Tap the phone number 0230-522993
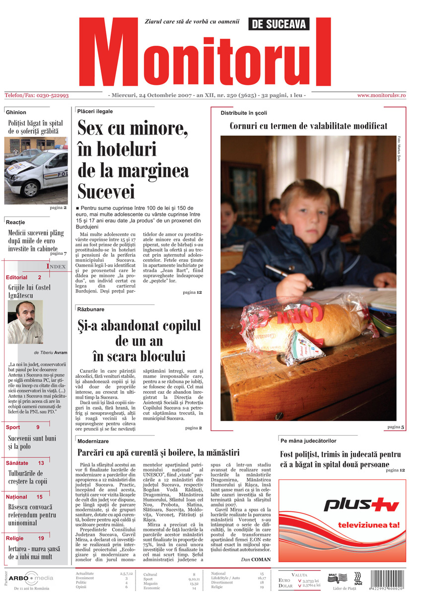(x=51, y=95)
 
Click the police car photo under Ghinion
(x=36, y=170)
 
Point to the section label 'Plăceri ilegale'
(x=95, y=111)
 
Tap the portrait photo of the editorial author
(x=25, y=322)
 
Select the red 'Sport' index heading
(x=13, y=427)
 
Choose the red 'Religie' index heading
(x=15, y=538)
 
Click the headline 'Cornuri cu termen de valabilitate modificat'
(x=308, y=126)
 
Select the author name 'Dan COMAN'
(x=256, y=559)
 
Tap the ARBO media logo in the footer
(x=32, y=578)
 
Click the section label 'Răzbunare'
(x=90, y=309)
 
